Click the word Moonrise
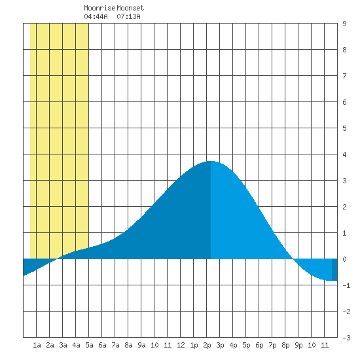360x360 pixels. pos(99,8)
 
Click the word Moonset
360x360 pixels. pos(130,8)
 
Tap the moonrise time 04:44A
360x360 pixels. pos(96,16)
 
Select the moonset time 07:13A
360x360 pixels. pos(128,16)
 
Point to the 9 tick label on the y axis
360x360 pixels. pos(344,24)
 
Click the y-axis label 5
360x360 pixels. pos(344,128)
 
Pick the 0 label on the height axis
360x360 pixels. pos(344,259)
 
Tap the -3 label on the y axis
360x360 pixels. pos(346,338)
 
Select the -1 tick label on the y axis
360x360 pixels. pos(346,285)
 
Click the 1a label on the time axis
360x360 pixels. pos(37,345)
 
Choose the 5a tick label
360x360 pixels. pos(89,345)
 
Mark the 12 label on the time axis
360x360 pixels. pos(181,345)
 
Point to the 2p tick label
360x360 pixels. pos(207,345)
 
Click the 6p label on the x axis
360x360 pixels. pos(259,345)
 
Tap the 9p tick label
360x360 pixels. pos(298,345)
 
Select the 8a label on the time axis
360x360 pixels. pos(128,345)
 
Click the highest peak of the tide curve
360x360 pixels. pos(211,161)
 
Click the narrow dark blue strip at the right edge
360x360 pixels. pos(334,270)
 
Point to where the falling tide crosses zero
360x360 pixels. pos(293,259)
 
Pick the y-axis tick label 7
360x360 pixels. pos(344,76)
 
